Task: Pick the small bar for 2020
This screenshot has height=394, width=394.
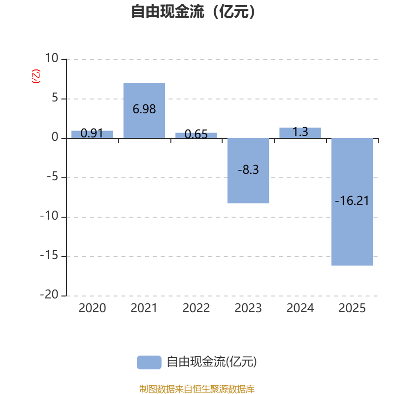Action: (92, 134)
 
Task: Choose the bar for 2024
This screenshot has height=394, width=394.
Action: (300, 132)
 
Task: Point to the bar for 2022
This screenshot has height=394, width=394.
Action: (196, 135)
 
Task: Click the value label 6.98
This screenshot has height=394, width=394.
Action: (144, 109)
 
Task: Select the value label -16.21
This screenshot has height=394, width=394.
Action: (352, 201)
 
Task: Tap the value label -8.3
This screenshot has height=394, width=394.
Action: (248, 170)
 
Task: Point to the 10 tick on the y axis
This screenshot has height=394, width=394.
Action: (51, 59)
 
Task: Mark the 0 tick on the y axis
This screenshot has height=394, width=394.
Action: (55, 138)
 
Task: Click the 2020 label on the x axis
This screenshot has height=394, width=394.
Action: (92, 308)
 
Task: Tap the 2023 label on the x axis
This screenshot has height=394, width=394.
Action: (248, 308)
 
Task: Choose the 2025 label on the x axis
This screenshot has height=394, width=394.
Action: (352, 308)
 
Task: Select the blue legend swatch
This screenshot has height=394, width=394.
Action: (149, 362)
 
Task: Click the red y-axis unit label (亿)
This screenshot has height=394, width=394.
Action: (36, 77)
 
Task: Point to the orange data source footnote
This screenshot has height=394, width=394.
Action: (197, 389)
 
